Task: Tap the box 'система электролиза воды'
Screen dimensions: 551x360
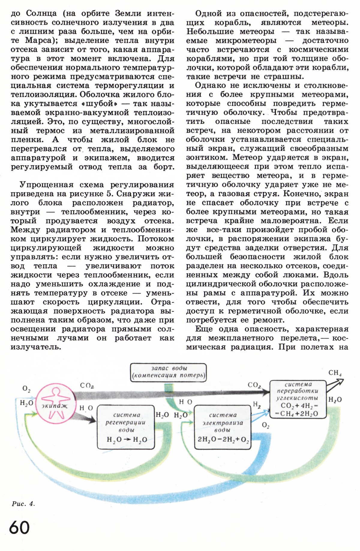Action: click(223, 427)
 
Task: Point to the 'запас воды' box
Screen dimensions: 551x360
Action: click(169, 372)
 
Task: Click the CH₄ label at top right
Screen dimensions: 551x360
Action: click(335, 373)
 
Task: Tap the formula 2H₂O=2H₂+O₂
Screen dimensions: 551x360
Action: click(223, 439)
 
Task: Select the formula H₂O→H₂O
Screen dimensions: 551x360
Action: click(127, 439)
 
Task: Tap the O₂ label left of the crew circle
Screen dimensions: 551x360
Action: click(26, 389)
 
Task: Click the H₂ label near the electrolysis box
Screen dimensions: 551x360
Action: click(257, 405)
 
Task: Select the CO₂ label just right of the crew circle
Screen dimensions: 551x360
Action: click(87, 386)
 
